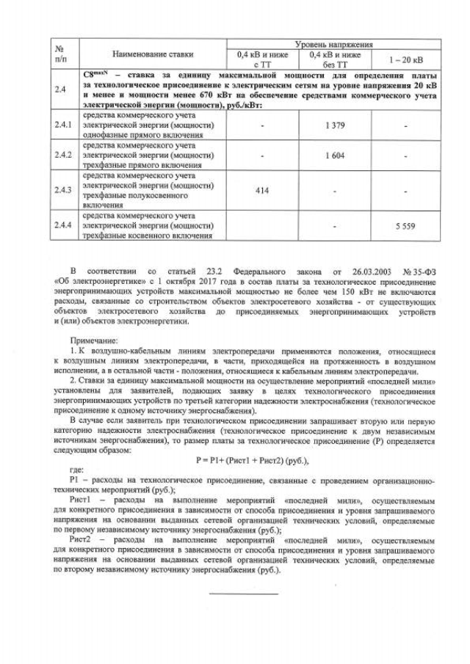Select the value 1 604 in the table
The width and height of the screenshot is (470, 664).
(x=334, y=156)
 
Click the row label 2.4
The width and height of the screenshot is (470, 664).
(x=61, y=90)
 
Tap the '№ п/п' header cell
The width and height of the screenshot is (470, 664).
(x=61, y=54)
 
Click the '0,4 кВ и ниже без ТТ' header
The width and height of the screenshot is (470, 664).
(x=334, y=59)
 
